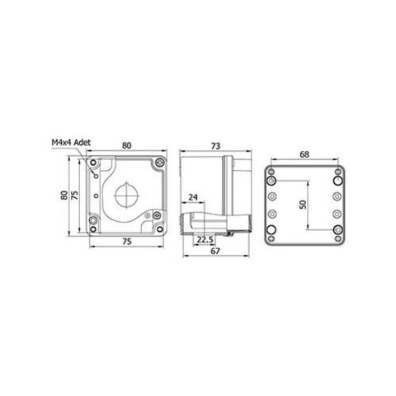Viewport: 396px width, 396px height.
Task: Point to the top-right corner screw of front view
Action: (158, 164)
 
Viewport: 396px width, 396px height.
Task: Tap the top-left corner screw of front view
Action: (93, 164)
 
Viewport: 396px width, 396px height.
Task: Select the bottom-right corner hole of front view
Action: (158, 229)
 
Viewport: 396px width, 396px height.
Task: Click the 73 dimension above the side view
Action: (215, 146)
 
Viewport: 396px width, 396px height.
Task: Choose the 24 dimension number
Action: (192, 197)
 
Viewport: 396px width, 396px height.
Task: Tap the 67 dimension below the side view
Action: (214, 252)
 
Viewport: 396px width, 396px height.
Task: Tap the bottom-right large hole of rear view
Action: (337, 231)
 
